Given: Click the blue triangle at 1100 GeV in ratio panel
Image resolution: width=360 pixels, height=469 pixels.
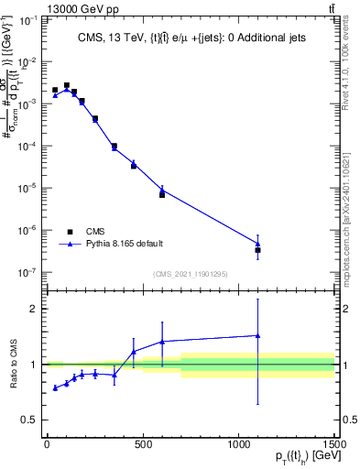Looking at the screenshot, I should (258, 335).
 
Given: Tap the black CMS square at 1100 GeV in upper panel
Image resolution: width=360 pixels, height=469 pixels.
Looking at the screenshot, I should (258, 250).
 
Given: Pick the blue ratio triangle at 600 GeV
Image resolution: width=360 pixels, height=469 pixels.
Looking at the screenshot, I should (162, 342).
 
